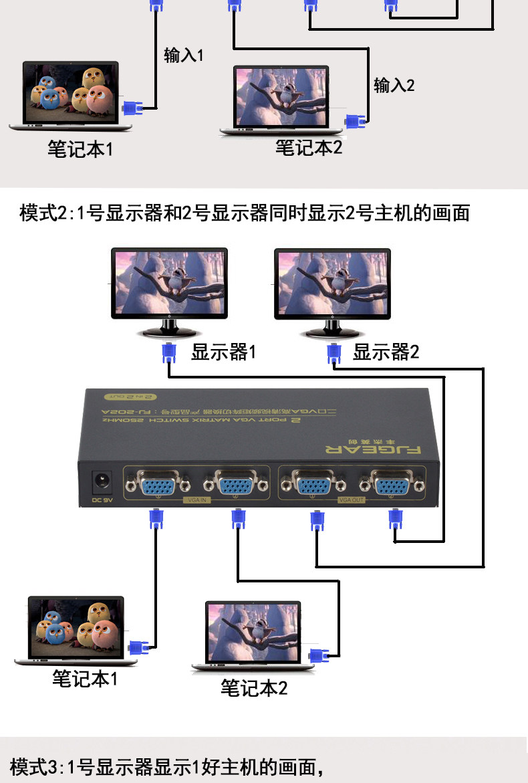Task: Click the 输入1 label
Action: pos(183,55)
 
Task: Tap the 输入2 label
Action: pos(394,86)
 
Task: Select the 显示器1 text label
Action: pos(223,352)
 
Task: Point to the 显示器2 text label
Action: pos(386,352)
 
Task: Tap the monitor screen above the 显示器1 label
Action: pos(169,284)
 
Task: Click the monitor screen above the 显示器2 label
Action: pos(332,284)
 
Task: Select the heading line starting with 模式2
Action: pos(245,214)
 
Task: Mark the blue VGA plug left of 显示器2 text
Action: pos(332,354)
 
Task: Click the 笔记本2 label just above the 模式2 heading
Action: pos(309,148)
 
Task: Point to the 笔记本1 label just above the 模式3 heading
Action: pos(85,679)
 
